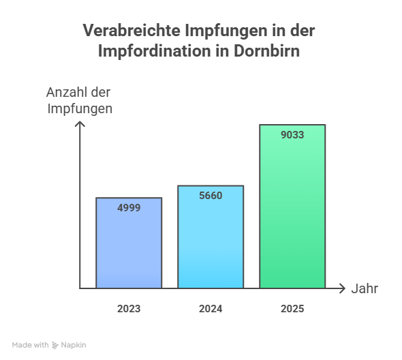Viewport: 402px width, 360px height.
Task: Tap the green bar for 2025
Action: point(292,211)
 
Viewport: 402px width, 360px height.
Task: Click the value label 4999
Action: point(129,207)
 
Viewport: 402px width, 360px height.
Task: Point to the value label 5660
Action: point(211,195)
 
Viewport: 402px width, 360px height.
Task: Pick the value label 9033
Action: point(292,134)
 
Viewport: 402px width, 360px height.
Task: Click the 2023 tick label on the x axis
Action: point(129,309)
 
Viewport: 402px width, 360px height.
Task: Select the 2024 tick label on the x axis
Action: point(211,309)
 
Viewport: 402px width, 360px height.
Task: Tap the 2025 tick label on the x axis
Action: point(292,309)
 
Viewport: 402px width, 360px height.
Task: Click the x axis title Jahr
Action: point(365,288)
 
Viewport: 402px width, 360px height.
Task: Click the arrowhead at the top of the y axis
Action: point(80,124)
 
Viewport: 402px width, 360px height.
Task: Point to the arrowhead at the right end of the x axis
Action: point(342,288)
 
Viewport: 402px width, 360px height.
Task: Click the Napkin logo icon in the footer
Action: point(55,346)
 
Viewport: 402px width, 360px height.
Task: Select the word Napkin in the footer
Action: point(74,345)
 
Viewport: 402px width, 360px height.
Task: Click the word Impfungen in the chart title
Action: point(220,31)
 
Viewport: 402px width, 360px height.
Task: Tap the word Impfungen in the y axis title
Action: point(80,108)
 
